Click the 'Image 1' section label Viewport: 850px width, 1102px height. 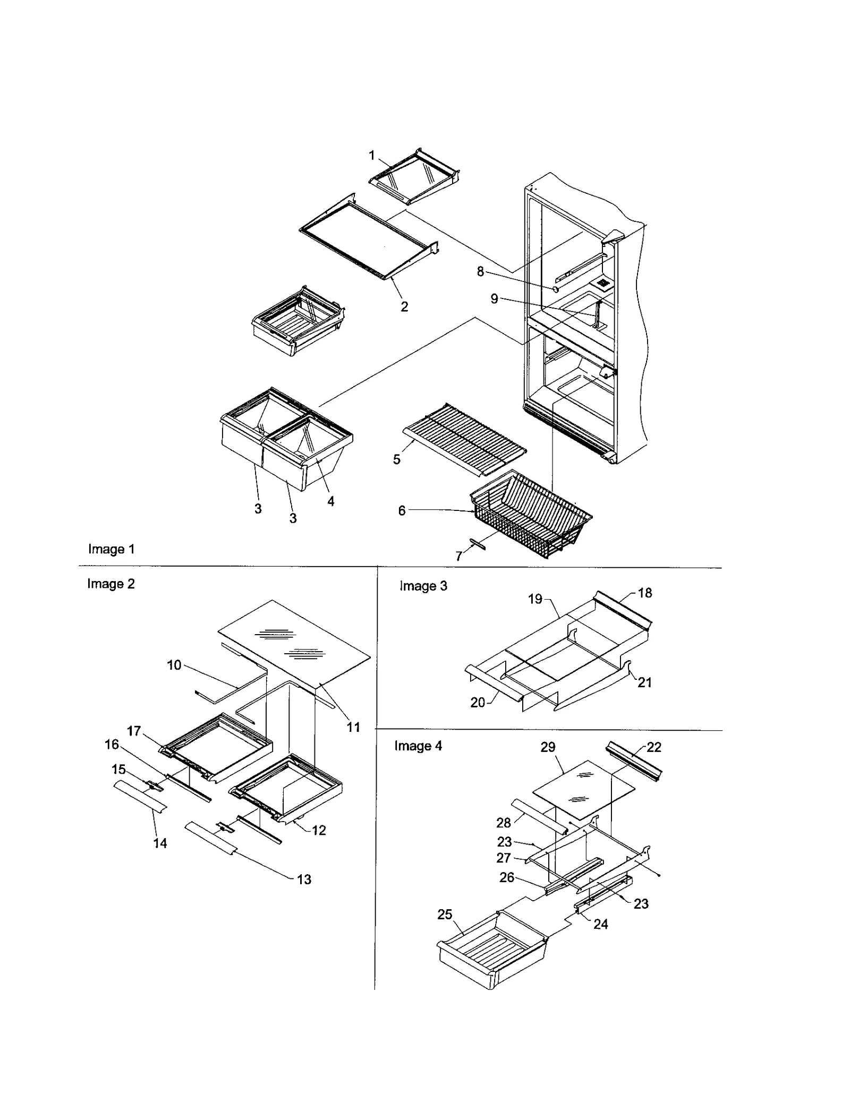coord(111,549)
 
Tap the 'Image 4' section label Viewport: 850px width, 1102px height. coord(418,746)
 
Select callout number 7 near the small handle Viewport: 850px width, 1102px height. coord(459,556)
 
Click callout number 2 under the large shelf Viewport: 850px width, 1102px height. coord(404,306)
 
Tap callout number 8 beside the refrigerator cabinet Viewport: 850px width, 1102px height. coord(480,272)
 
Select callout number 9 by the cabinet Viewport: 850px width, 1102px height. coord(494,299)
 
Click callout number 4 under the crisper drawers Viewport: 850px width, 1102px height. coord(330,501)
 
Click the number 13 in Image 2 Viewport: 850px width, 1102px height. coord(304,879)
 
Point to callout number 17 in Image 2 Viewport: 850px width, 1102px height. coord(134,731)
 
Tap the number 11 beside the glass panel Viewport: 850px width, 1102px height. coord(353,727)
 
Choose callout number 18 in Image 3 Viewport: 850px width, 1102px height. coord(645,593)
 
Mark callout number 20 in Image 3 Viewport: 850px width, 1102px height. coord(478,703)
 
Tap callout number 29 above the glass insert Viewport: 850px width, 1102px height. coord(548,747)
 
